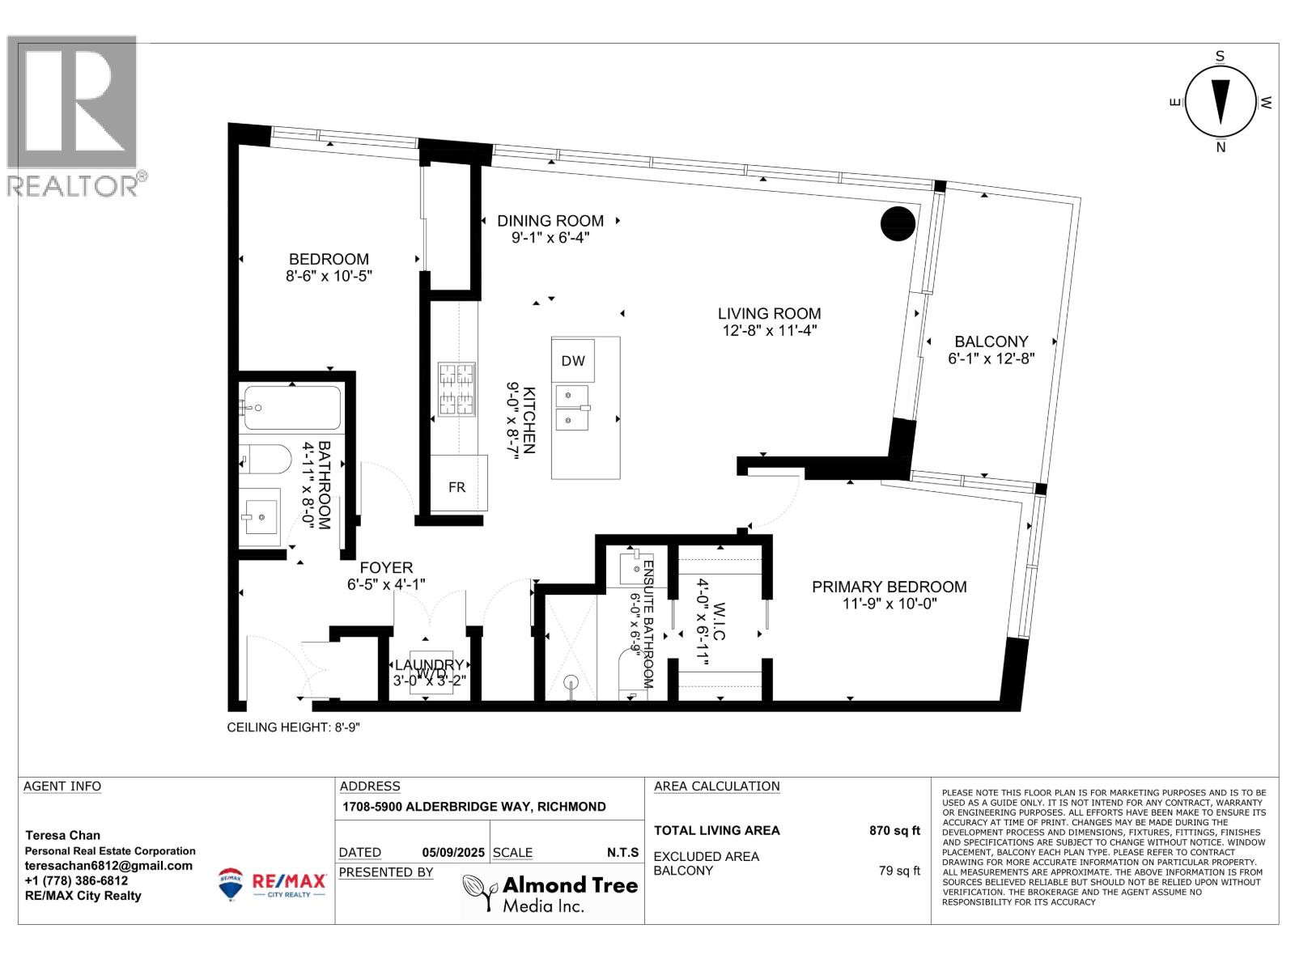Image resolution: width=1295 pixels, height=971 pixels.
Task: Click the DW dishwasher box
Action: [x=573, y=361]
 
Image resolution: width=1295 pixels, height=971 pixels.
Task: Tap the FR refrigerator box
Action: [x=457, y=487]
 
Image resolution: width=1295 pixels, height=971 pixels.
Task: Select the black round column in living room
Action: [x=897, y=223]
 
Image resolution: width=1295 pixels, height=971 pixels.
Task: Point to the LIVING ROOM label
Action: [x=769, y=314]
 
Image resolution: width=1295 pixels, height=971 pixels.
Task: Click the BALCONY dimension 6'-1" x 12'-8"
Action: [x=991, y=359]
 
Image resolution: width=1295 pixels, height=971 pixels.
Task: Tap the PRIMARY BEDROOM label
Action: [x=889, y=587]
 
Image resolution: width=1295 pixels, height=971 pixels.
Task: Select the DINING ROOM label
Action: [x=550, y=221]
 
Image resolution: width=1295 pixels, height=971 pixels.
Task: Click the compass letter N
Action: [x=1221, y=147]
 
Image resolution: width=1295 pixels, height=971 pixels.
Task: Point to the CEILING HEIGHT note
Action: [x=293, y=727]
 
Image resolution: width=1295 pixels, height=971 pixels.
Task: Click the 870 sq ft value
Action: [x=894, y=830]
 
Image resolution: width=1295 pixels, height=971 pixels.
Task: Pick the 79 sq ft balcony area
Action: [x=899, y=871]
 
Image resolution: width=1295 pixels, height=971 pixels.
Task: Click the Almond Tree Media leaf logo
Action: [x=481, y=893]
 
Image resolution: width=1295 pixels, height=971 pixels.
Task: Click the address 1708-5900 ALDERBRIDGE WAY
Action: [x=473, y=807]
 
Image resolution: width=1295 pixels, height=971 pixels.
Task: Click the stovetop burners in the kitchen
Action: [x=456, y=389]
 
